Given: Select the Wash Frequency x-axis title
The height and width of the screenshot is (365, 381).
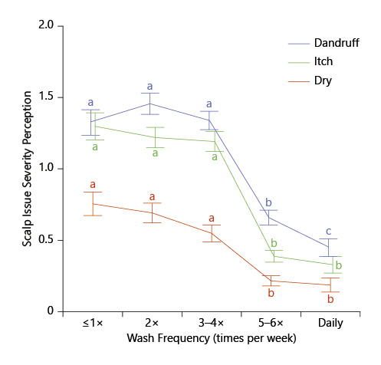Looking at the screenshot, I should coord(210,338).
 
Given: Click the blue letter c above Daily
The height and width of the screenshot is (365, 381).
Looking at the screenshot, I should coord(329,231).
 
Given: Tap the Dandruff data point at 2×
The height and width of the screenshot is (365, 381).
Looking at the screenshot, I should coord(151,104).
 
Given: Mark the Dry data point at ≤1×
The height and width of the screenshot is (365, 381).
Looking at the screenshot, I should coord(92,203).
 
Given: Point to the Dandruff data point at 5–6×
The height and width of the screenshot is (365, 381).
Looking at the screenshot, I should coord(269,217).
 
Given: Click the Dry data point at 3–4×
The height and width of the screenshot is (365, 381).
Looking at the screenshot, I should coord(210,233).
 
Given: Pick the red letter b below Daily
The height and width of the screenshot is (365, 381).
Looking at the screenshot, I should coord(330,298).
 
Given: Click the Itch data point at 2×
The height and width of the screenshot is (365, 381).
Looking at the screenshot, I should coord(151,137).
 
